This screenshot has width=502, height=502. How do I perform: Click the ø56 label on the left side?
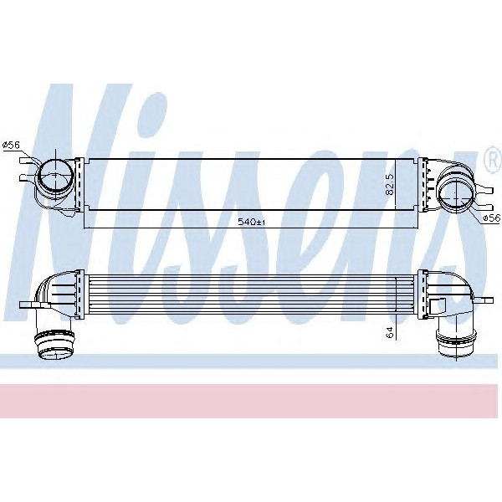pos(12,146)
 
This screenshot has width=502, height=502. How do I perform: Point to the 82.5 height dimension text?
pos(389,184)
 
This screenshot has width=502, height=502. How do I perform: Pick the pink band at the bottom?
pos(251,402)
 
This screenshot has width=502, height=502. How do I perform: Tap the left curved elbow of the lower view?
pos(54,293)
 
